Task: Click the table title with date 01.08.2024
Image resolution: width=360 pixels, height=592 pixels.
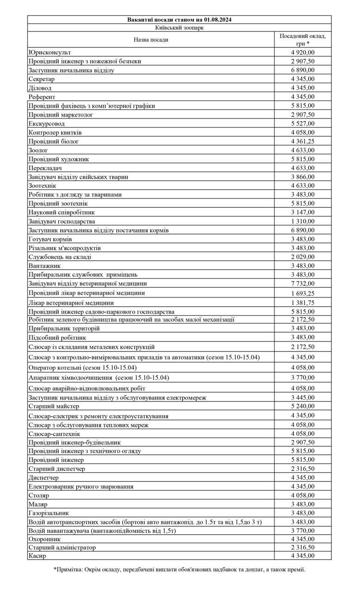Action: point(179,19)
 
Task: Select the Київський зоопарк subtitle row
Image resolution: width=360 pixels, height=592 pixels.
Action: point(179,27)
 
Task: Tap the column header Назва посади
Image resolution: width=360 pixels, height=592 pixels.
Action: point(151,40)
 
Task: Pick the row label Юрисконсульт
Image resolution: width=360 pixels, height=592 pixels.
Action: point(50,52)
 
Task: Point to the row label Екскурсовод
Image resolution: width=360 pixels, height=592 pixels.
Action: point(47,123)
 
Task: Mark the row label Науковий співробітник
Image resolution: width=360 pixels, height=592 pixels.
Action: point(62,212)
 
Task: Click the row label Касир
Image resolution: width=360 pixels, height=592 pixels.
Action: point(37,556)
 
